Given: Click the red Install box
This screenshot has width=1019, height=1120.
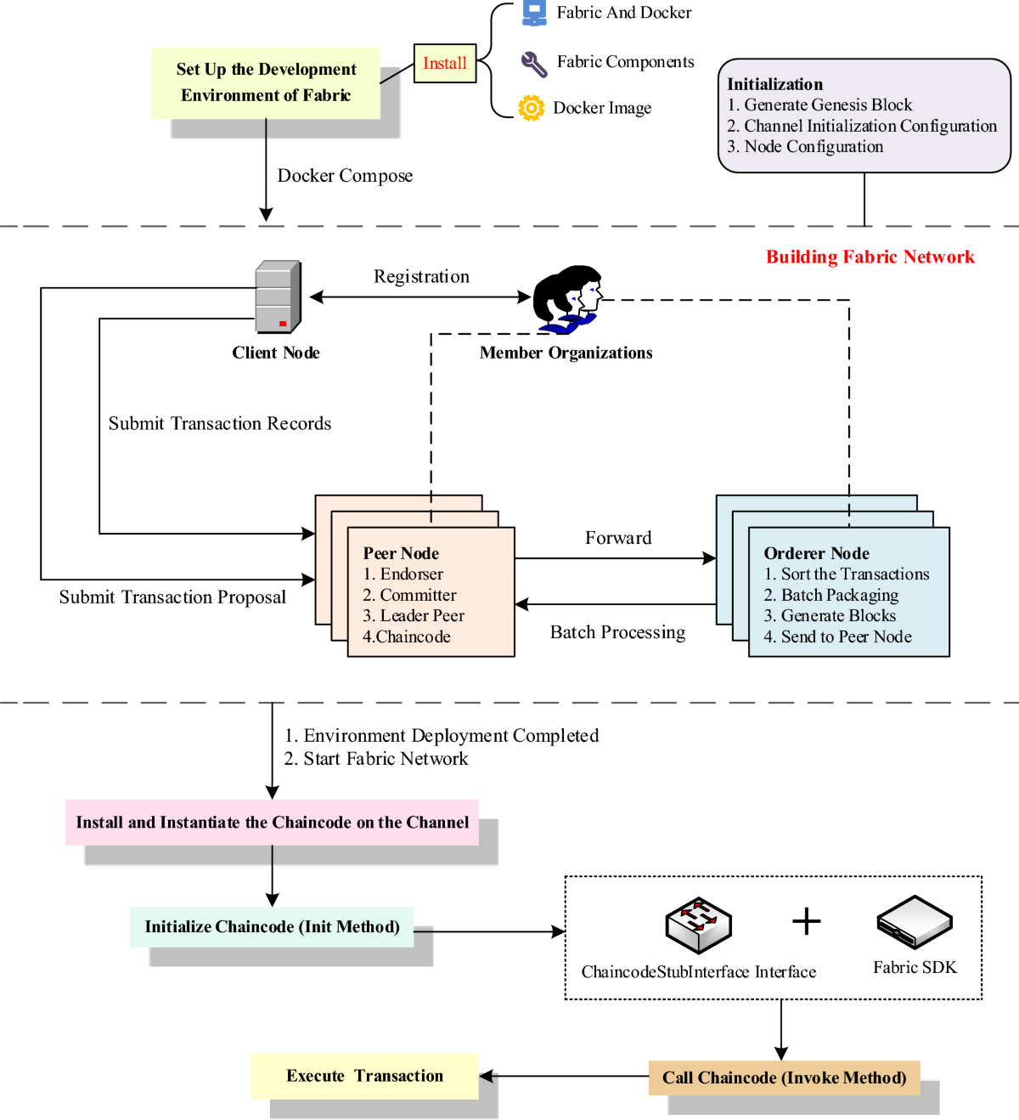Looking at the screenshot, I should tap(445, 64).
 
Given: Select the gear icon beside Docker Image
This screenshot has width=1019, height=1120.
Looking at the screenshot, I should tap(531, 108).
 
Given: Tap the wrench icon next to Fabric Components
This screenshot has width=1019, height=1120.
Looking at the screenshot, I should tap(534, 64).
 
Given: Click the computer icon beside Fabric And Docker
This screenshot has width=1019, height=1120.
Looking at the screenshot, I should tap(534, 13).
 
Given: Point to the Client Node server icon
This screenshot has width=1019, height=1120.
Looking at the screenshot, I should tap(278, 297).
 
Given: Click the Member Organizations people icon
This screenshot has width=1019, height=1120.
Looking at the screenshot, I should tap(567, 299).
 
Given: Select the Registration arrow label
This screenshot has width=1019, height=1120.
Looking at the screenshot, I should tap(421, 277).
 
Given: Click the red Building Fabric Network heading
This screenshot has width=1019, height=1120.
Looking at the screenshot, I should tap(870, 257).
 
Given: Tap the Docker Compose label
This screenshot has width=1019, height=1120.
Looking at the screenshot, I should tap(345, 176).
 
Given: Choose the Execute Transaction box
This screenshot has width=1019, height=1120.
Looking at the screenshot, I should tap(364, 1076).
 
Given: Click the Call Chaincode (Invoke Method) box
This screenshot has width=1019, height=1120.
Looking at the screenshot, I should tap(784, 1078).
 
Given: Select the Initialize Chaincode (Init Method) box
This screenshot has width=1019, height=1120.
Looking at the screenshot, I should tap(272, 927).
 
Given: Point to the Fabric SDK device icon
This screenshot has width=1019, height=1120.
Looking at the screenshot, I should tap(915, 922).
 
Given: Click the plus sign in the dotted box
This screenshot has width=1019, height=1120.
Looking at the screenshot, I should tap(806, 922).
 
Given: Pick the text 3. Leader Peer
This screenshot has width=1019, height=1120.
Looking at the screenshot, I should tap(414, 616).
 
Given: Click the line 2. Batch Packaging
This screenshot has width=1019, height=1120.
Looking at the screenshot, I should tap(830, 596).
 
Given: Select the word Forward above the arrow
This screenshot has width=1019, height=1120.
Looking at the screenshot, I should tap(618, 538).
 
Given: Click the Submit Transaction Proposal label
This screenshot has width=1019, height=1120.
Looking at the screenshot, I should tap(172, 597).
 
